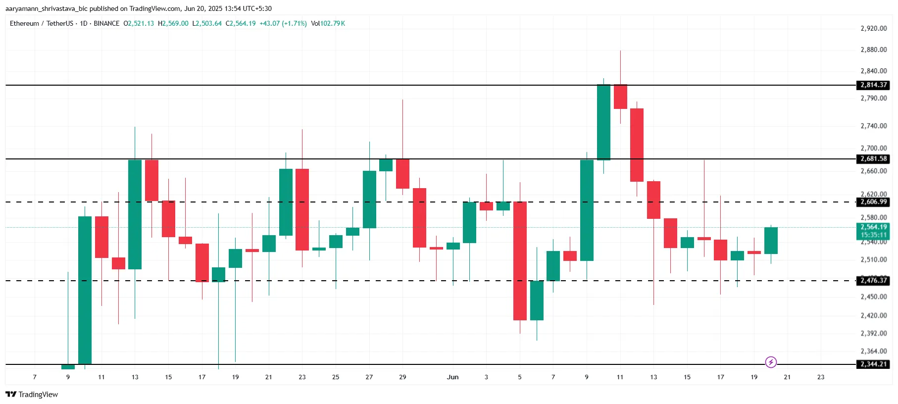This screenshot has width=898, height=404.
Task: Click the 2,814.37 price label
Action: click(873, 85)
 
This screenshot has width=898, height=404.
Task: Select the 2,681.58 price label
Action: click(873, 159)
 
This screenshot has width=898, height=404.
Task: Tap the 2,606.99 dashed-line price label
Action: click(873, 202)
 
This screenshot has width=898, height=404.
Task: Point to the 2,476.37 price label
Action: click(873, 281)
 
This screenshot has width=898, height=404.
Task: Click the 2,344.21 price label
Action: click(873, 364)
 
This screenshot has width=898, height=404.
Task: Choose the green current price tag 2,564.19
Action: click(873, 227)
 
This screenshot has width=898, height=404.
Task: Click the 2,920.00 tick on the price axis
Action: click(873, 28)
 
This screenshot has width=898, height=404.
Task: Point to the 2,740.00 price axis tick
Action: click(873, 126)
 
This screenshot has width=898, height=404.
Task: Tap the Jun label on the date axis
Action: click(452, 377)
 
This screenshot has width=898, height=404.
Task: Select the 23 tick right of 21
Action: click(821, 377)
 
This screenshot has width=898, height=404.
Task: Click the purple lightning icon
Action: click(771, 362)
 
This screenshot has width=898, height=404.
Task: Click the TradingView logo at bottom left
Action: click(32, 395)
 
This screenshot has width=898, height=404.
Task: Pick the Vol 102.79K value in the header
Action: click(328, 23)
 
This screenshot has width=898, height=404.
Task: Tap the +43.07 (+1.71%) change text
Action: click(283, 23)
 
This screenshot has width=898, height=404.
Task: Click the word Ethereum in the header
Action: click(24, 23)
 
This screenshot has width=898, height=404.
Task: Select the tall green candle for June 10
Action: click(603, 122)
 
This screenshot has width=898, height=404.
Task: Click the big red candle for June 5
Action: click(520, 261)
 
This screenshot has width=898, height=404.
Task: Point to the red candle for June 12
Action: click(637, 145)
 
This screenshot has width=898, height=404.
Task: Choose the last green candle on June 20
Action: click(771, 241)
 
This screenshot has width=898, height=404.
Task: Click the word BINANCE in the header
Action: click(106, 23)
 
